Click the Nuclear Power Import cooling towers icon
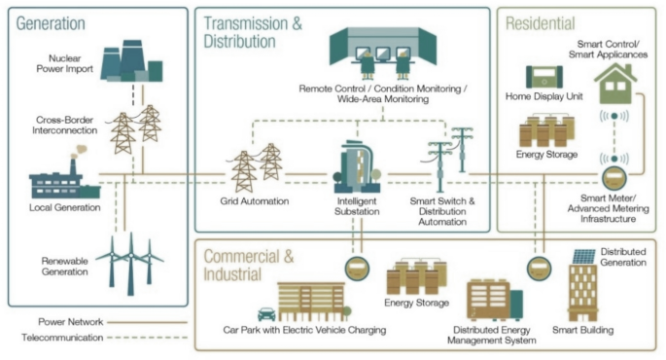(131, 60)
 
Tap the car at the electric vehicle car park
(263, 313)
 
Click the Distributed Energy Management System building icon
(502, 301)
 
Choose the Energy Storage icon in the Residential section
(543, 131)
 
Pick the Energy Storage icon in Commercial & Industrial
(414, 278)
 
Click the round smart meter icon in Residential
(613, 177)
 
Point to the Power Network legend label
(72, 321)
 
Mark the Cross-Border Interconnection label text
(66, 124)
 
